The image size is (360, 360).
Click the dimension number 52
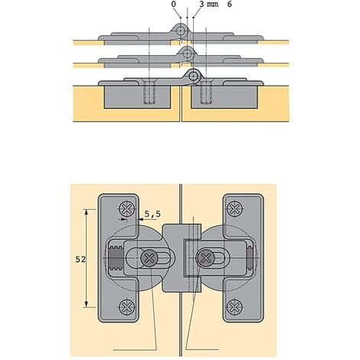tap(80, 260)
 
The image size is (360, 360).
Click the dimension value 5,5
tap(152, 214)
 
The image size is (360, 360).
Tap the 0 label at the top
tap(174, 4)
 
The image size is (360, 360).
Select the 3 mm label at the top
tap(209, 4)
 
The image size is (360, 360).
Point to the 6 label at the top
tap(230, 4)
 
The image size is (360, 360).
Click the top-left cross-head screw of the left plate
tap(127, 208)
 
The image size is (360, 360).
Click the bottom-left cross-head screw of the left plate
tap(127, 306)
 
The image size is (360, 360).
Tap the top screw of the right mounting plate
tap(234, 208)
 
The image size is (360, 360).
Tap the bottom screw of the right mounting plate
tap(234, 306)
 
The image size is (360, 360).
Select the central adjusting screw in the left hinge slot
tap(149, 258)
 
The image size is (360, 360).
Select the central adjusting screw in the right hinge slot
tap(206, 258)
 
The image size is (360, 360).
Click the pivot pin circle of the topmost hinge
tap(181, 31)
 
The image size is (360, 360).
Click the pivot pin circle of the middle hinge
tap(187, 54)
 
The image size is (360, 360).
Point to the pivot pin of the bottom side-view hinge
tap(194, 76)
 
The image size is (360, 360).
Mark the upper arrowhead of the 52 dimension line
tap(87, 211)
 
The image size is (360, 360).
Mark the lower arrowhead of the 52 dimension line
tap(87, 305)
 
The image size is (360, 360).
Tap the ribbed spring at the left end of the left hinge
tap(114, 258)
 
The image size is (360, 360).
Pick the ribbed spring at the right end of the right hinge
tap(250, 258)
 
